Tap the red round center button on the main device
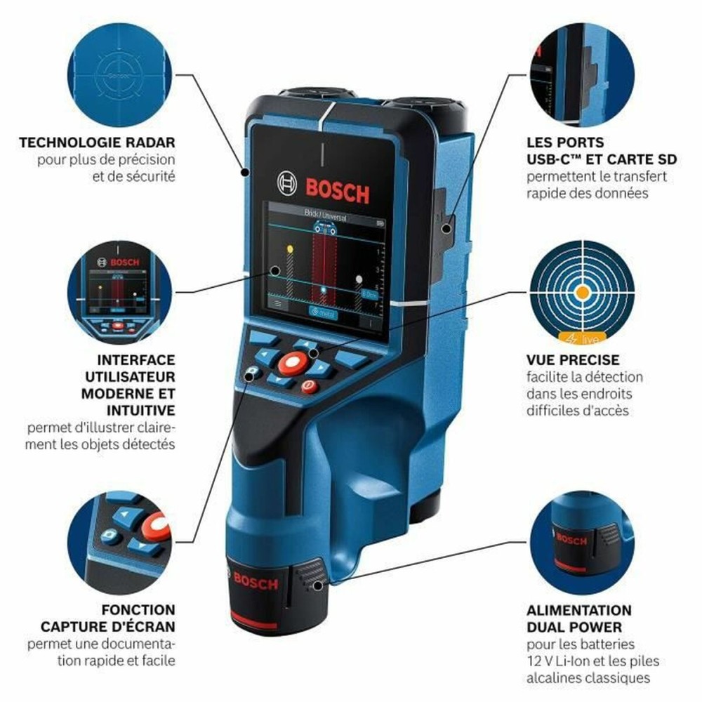click(291, 363)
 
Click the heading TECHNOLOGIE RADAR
click(97, 143)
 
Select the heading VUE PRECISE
click(573, 359)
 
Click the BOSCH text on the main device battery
click(255, 581)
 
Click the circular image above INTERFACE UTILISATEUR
click(119, 292)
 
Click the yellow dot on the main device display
click(289, 249)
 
